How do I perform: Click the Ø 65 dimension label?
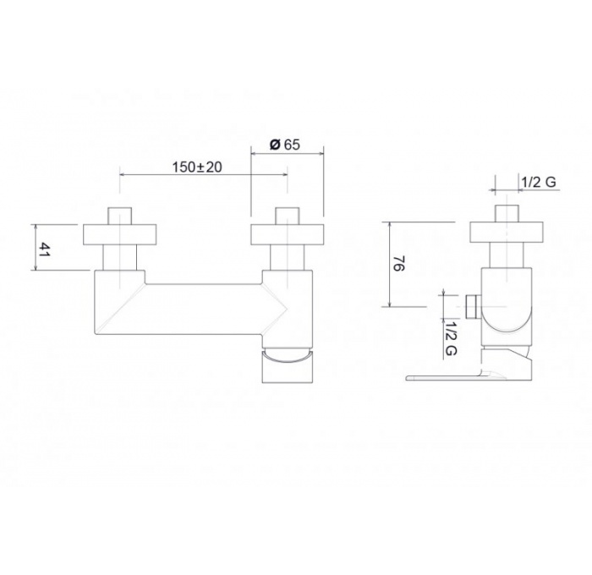(285, 145)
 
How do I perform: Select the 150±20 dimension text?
(197, 167)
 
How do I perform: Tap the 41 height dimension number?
(45, 250)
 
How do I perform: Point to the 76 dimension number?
(399, 264)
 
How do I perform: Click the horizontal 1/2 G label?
(539, 182)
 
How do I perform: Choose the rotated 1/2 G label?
(451, 338)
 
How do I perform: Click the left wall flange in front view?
(120, 235)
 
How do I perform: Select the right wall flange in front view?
(288, 235)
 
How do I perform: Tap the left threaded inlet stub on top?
(120, 216)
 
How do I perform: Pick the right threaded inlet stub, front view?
(288, 216)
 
